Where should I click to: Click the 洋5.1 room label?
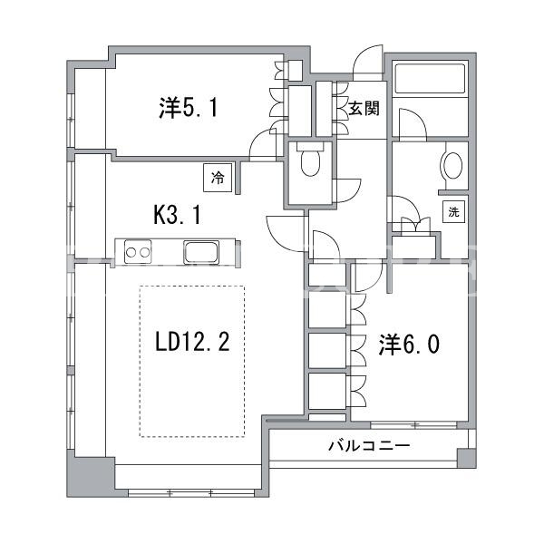click(x=189, y=108)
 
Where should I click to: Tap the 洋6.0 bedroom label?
click(x=410, y=345)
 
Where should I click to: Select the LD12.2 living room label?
click(x=192, y=341)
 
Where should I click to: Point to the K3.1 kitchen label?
click(x=178, y=214)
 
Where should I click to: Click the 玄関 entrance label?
click(x=364, y=109)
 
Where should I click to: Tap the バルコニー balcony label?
click(x=369, y=445)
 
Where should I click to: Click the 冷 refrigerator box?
click(x=218, y=178)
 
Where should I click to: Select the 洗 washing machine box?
click(x=453, y=211)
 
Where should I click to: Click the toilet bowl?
click(x=310, y=162)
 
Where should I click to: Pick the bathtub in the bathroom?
click(x=430, y=78)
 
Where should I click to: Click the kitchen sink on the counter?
click(x=201, y=252)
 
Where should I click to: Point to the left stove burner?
click(x=131, y=253)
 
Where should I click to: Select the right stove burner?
click(x=145, y=253)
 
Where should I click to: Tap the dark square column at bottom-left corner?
click(x=91, y=477)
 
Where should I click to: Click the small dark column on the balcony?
click(x=466, y=458)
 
